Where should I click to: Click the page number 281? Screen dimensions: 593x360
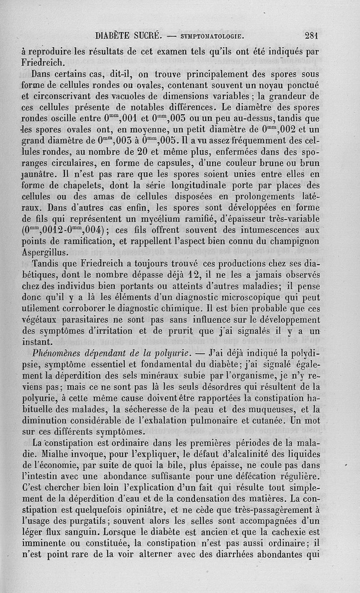[311, 36]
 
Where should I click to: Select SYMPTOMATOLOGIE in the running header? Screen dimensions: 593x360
[212, 36]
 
